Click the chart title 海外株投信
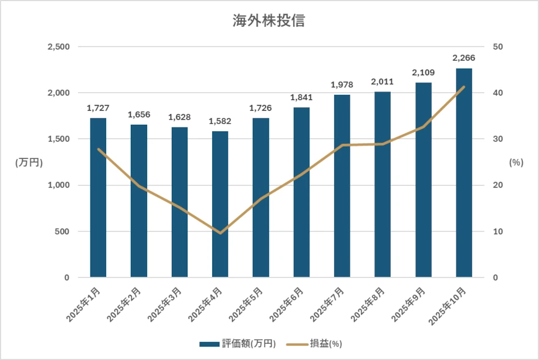(269, 21)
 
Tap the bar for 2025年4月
(220, 204)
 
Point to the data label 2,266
(464, 58)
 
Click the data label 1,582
(220, 121)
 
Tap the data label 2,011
(382, 81)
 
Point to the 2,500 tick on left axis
(58, 47)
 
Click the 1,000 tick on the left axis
(58, 185)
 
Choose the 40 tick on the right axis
(497, 93)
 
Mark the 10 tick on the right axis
(497, 231)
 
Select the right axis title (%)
(516, 162)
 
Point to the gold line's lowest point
(220, 233)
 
